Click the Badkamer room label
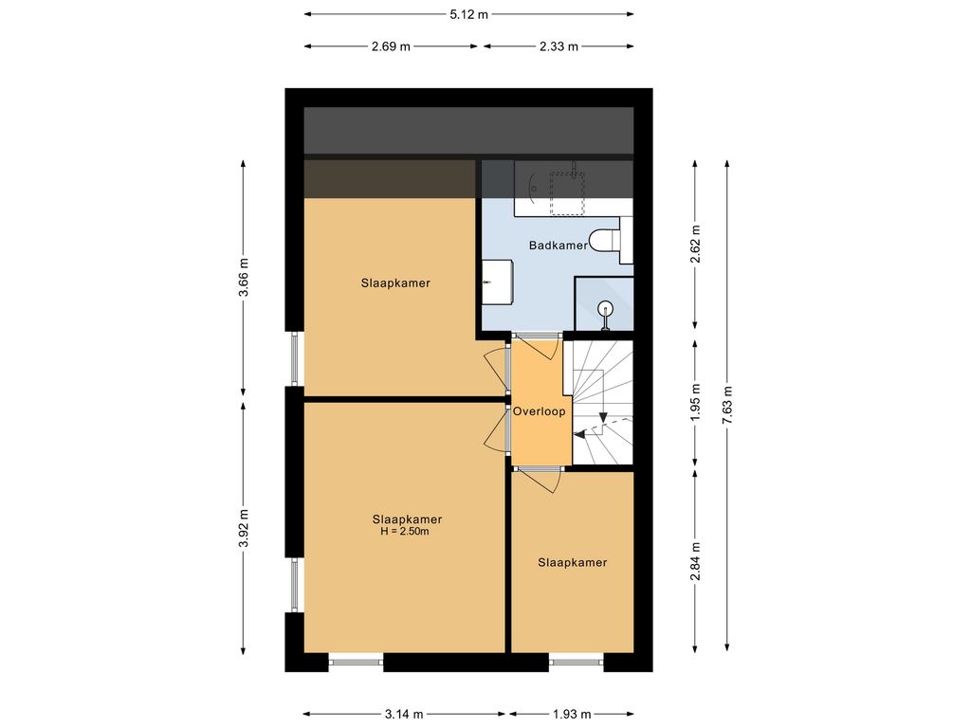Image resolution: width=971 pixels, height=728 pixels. (558, 246)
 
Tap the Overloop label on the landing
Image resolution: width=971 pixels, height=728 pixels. (539, 411)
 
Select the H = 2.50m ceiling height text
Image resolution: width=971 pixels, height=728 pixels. (404, 531)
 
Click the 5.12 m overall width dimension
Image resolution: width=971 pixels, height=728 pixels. (468, 14)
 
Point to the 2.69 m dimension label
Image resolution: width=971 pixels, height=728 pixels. (391, 46)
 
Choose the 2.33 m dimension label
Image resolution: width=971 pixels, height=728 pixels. (559, 46)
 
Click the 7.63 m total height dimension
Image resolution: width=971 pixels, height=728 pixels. (727, 406)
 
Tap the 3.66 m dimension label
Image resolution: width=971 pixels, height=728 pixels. (244, 277)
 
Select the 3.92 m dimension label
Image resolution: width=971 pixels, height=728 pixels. (244, 528)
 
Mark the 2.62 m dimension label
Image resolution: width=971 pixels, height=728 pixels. (695, 244)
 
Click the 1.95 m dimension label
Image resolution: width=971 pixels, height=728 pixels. (695, 402)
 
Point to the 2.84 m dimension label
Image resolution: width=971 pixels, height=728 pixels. (695, 561)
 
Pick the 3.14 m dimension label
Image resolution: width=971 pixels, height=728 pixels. (404, 715)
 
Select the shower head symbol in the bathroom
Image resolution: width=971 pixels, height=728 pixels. (605, 313)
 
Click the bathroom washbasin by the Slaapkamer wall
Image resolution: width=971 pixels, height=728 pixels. (497, 282)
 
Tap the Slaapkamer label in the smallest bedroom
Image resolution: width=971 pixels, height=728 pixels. (572, 563)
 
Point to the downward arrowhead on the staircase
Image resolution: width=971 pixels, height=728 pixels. (603, 417)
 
